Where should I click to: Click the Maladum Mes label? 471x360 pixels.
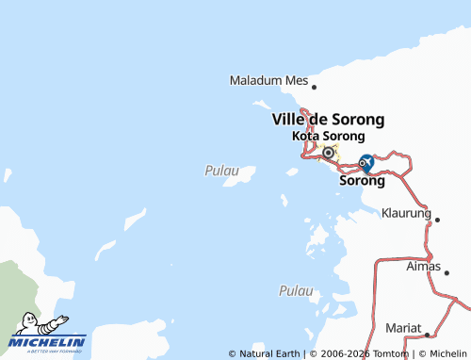tap(269, 81)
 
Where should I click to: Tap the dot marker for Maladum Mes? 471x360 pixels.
tap(314, 87)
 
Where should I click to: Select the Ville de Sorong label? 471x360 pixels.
tap(328, 120)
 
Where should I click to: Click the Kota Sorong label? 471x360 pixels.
tap(328, 137)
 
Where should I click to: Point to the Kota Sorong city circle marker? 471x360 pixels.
tap(328, 153)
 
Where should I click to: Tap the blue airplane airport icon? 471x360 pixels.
tap(367, 162)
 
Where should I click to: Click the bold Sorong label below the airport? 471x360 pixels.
tap(362, 181)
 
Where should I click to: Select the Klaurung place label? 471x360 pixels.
tap(406, 213)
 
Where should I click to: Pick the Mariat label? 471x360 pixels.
tap(403, 328)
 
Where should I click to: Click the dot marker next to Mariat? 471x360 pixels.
tap(427, 334)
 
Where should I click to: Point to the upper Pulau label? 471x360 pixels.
tap(216, 171)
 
